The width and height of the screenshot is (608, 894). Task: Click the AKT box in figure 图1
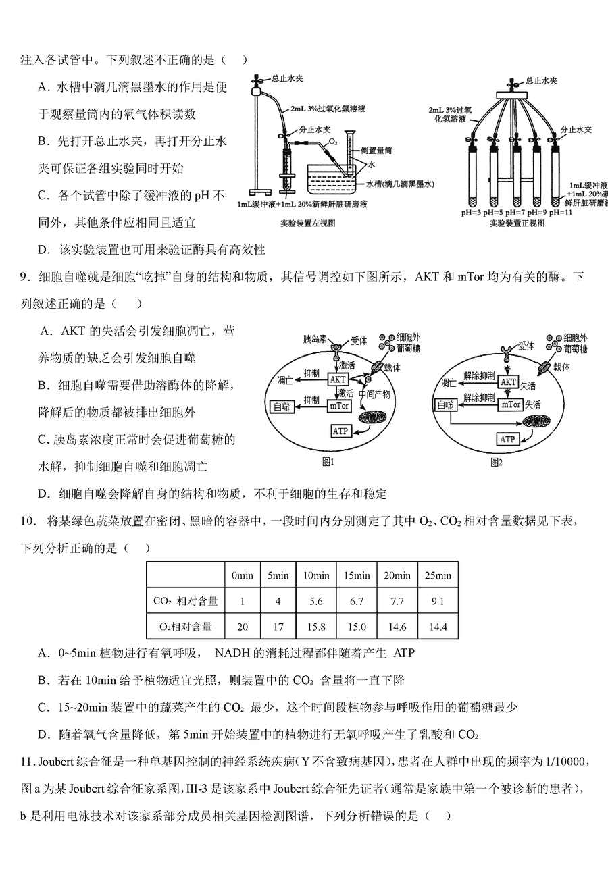click(x=337, y=379)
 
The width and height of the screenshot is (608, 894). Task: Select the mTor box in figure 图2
click(x=511, y=404)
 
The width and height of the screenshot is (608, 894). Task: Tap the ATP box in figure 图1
click(x=340, y=430)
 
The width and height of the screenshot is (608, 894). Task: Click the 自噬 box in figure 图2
click(x=445, y=405)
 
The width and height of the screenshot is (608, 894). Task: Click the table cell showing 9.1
click(x=438, y=601)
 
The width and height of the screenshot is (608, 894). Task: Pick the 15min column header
click(x=357, y=575)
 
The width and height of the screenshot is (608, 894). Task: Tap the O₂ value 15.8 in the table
click(x=316, y=627)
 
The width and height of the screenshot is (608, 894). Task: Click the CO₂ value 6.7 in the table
click(x=357, y=601)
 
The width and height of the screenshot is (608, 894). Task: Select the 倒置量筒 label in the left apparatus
click(x=376, y=151)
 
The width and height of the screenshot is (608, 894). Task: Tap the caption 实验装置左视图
click(x=307, y=223)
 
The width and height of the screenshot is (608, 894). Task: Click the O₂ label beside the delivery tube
click(x=334, y=143)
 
